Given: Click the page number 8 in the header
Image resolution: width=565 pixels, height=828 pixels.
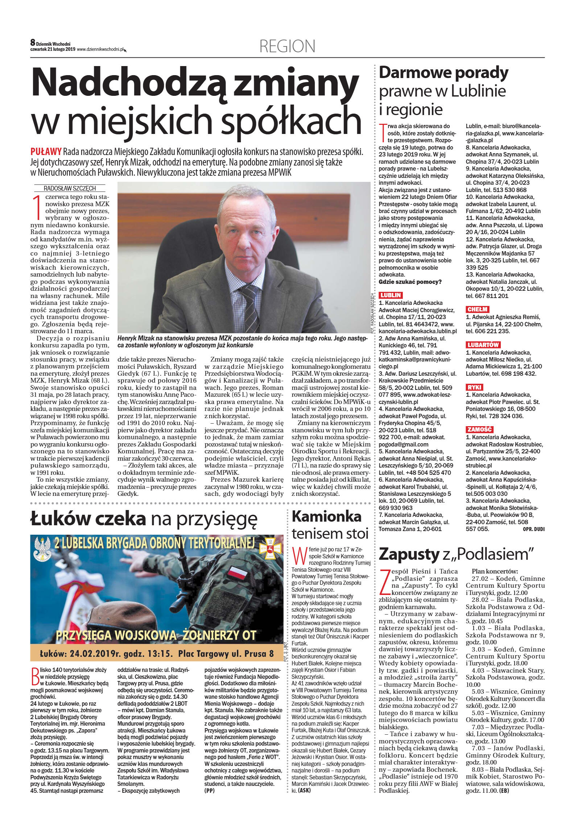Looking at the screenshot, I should pyautogui.click(x=33, y=43).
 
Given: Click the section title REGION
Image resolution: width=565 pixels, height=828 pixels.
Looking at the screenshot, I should pyautogui.click(x=287, y=46).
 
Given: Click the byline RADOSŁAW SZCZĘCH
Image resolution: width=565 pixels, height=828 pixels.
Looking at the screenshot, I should pyautogui.click(x=70, y=188).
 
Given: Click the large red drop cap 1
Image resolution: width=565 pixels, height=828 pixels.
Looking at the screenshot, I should pyautogui.click(x=37, y=208).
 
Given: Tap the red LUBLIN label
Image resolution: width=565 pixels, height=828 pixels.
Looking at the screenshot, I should pyautogui.click(x=390, y=295).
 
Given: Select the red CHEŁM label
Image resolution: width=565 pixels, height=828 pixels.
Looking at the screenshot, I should pyautogui.click(x=477, y=309).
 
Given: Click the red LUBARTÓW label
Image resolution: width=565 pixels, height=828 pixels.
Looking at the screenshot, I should pyautogui.click(x=483, y=345).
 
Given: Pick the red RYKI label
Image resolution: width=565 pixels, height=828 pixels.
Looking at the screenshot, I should pyautogui.click(x=474, y=387).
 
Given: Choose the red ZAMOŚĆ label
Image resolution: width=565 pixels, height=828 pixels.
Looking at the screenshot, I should pyautogui.click(x=479, y=429).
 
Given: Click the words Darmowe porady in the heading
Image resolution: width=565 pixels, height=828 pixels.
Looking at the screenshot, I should pyautogui.click(x=443, y=73).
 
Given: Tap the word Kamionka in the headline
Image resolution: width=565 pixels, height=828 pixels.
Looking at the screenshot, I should pyautogui.click(x=326, y=516).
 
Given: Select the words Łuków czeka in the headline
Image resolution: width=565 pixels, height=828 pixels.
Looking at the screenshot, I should pyautogui.click(x=88, y=518).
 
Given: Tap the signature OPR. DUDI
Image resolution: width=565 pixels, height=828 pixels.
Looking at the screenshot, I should pyautogui.click(x=533, y=529).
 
